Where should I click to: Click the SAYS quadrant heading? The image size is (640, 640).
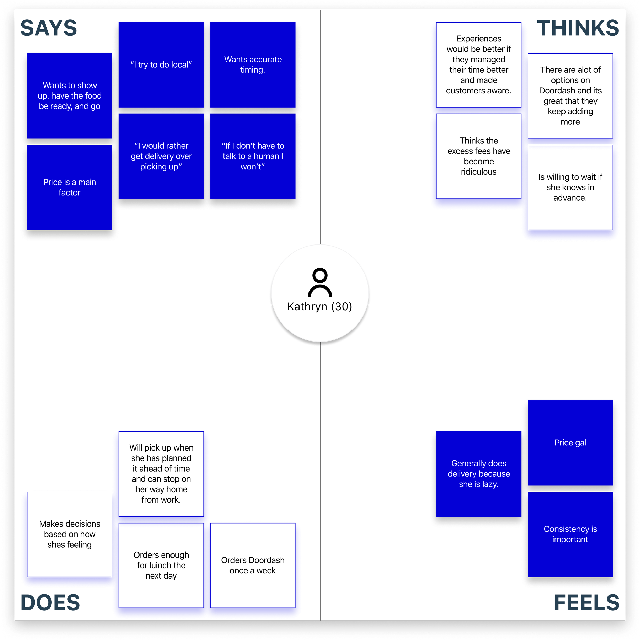(48, 28)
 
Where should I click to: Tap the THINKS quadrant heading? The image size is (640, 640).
(578, 28)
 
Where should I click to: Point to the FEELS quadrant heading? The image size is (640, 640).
(586, 603)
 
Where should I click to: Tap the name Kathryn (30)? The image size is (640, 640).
(320, 306)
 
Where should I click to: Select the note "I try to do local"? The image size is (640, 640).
(161, 65)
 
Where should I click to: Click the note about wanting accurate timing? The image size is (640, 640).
(253, 65)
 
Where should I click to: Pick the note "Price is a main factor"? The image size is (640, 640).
(70, 187)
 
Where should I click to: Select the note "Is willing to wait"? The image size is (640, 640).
(570, 187)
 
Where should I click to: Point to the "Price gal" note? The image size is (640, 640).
(570, 443)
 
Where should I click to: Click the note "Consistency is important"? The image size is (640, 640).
(570, 534)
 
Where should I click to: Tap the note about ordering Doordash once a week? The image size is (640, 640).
(253, 565)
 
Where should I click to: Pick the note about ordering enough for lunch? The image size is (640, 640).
(161, 565)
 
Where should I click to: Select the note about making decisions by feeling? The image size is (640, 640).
(70, 534)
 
